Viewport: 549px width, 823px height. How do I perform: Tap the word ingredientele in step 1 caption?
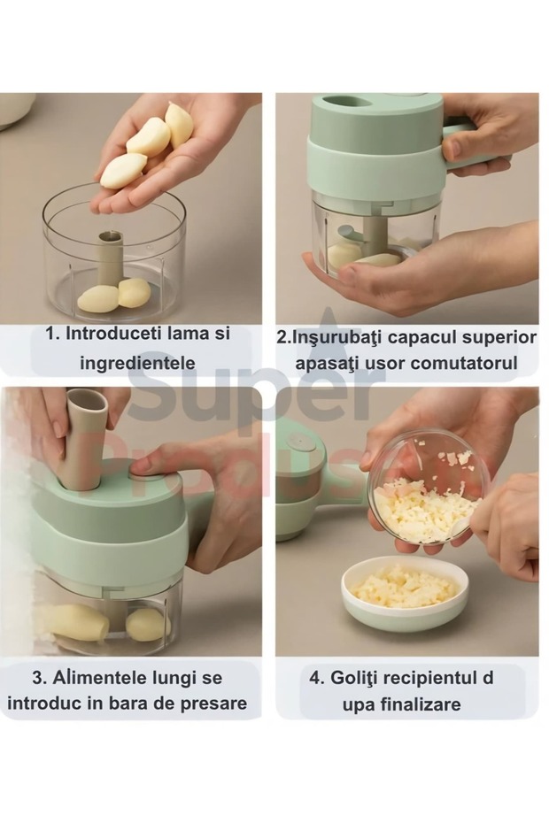pos(137,362)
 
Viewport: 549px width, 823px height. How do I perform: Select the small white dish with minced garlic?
pos(405,595)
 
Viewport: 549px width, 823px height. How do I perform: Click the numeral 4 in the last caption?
pos(314,678)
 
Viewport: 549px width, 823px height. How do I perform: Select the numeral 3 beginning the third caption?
pos(38,678)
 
